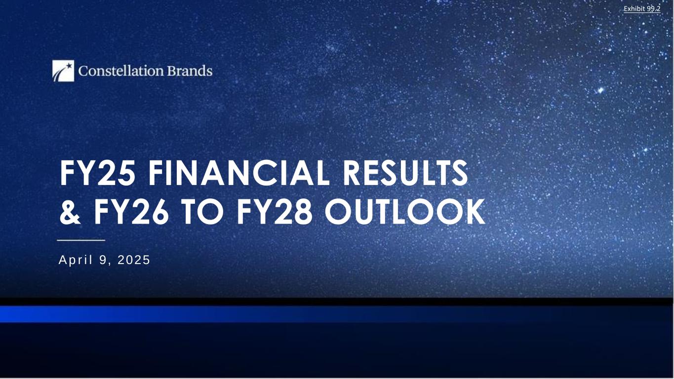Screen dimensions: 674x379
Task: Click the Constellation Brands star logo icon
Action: point(63,71)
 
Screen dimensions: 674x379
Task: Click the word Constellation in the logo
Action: point(121,71)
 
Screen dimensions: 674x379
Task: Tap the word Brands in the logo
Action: point(190,71)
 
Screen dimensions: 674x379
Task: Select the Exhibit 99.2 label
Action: point(642,9)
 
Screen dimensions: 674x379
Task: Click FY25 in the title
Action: point(98,173)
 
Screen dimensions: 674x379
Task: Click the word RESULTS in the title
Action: point(405,173)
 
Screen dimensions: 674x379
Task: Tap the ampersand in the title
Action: point(70,211)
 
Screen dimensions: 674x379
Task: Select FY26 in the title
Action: point(131,211)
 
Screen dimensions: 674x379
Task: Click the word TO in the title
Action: point(202,211)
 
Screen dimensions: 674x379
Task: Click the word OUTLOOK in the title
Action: point(405,211)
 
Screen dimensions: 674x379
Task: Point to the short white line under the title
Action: point(81,240)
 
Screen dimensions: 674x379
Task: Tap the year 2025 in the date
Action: point(134,260)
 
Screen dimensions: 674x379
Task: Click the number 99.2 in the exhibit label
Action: point(654,9)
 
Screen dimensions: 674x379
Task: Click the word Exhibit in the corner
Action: point(635,9)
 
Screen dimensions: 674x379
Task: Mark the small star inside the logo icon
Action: point(70,65)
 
